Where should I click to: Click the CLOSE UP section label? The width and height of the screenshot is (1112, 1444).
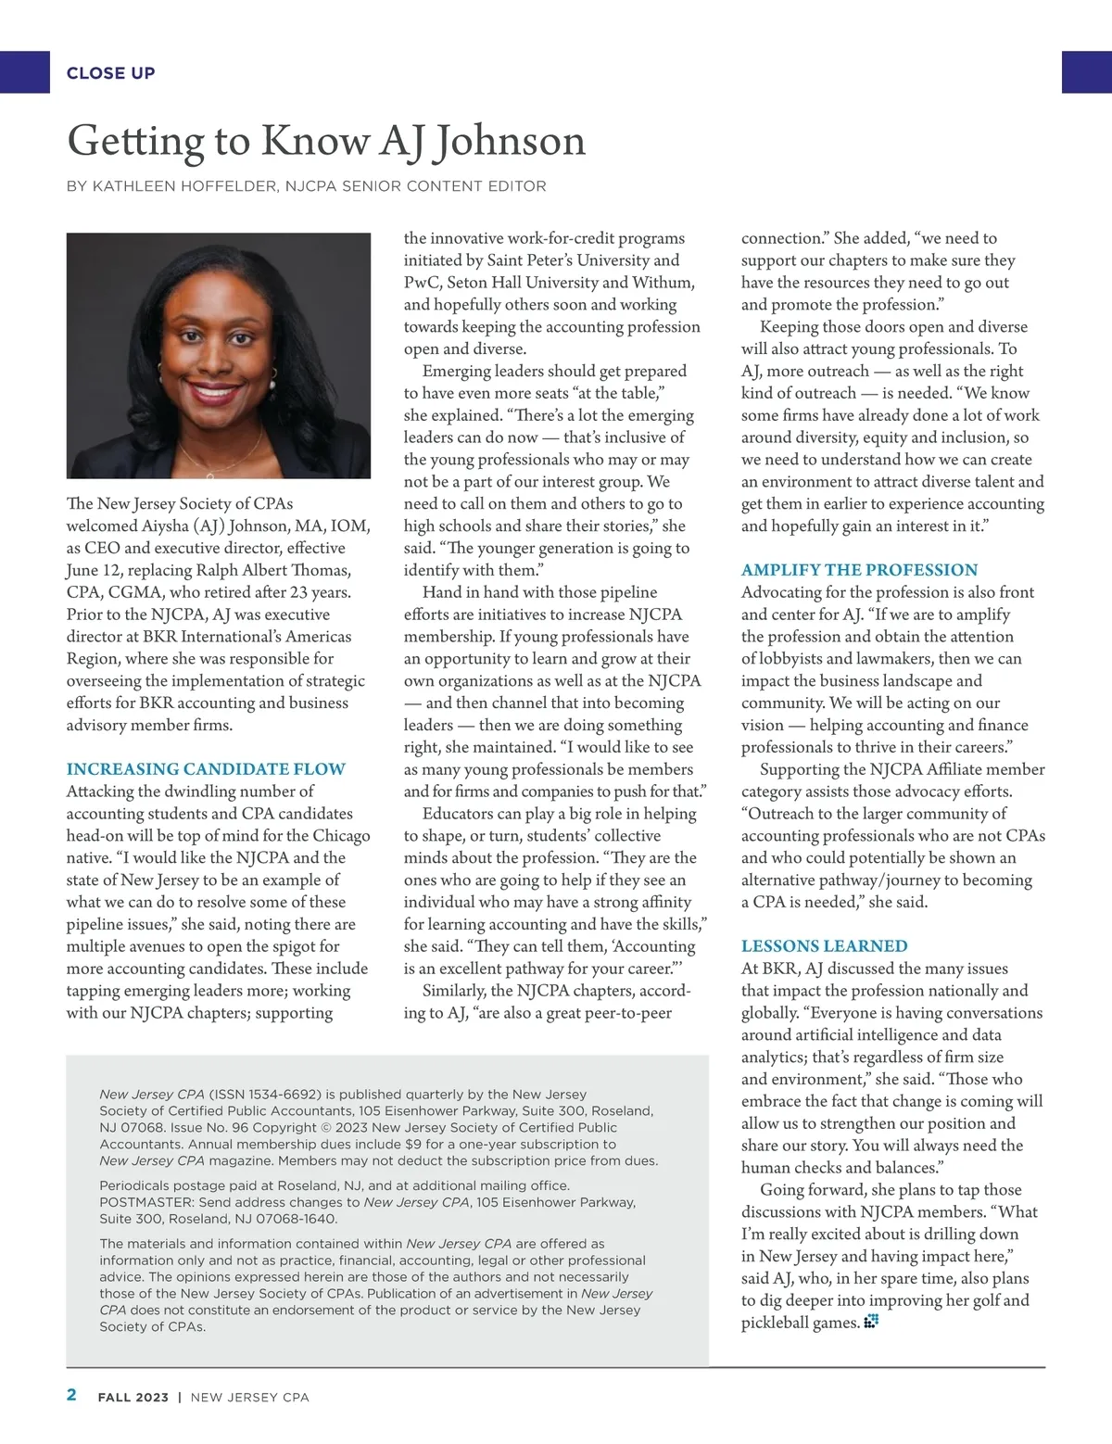[110, 73]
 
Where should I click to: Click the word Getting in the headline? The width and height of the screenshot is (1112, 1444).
[134, 141]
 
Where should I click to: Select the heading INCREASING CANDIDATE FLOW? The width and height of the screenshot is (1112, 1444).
[206, 769]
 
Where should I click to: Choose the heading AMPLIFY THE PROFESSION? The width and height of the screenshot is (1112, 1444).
[859, 570]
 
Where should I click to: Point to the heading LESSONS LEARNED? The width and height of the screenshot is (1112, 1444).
[824, 946]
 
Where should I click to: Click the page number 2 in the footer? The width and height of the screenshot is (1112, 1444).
[72, 1396]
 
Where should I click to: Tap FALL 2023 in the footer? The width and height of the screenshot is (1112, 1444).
[133, 1398]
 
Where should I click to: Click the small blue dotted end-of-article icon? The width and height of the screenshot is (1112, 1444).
[870, 1322]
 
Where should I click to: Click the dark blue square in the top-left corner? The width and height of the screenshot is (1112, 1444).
[24, 72]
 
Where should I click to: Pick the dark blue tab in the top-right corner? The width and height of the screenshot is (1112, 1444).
[1086, 72]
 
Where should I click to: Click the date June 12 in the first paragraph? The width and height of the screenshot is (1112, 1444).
[93, 570]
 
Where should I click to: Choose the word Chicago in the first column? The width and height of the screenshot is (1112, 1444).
[341, 836]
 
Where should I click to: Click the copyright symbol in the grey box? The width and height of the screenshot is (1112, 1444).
[325, 1128]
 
